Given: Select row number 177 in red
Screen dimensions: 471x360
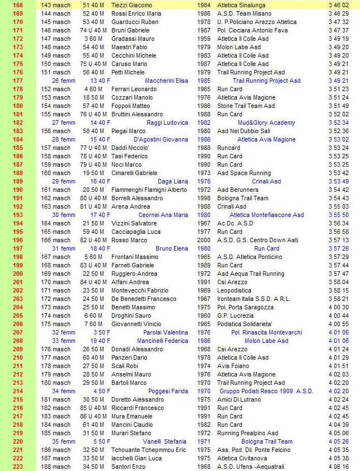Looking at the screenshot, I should pos(17,81).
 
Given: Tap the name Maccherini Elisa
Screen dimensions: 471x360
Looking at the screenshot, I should pos(166,81).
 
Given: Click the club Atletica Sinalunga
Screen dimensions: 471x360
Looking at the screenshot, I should pos(241,4).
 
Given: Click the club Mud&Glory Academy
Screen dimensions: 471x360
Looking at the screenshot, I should pos(266,123).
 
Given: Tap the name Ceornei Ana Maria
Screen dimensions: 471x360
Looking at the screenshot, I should pos(163,215).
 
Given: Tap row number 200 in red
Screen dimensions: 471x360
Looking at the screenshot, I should pos(17,274).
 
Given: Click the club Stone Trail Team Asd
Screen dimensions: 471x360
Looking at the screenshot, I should pos(246,106).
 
